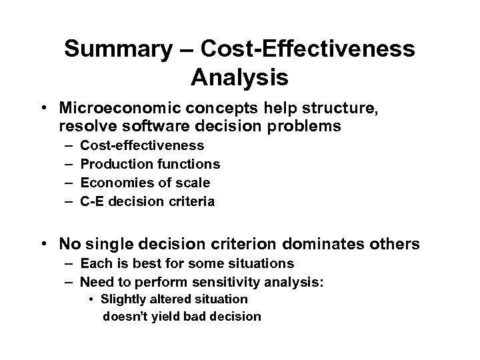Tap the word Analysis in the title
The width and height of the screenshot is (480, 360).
click(239, 77)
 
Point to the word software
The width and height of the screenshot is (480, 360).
click(159, 126)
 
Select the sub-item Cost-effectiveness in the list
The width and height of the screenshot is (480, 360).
click(142, 145)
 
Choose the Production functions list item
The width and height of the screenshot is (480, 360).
click(150, 164)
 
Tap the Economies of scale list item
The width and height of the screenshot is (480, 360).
click(145, 183)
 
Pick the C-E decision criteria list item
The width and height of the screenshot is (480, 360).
click(147, 201)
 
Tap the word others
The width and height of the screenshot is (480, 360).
click(395, 245)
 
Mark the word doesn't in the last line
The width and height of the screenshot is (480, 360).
click(125, 317)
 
